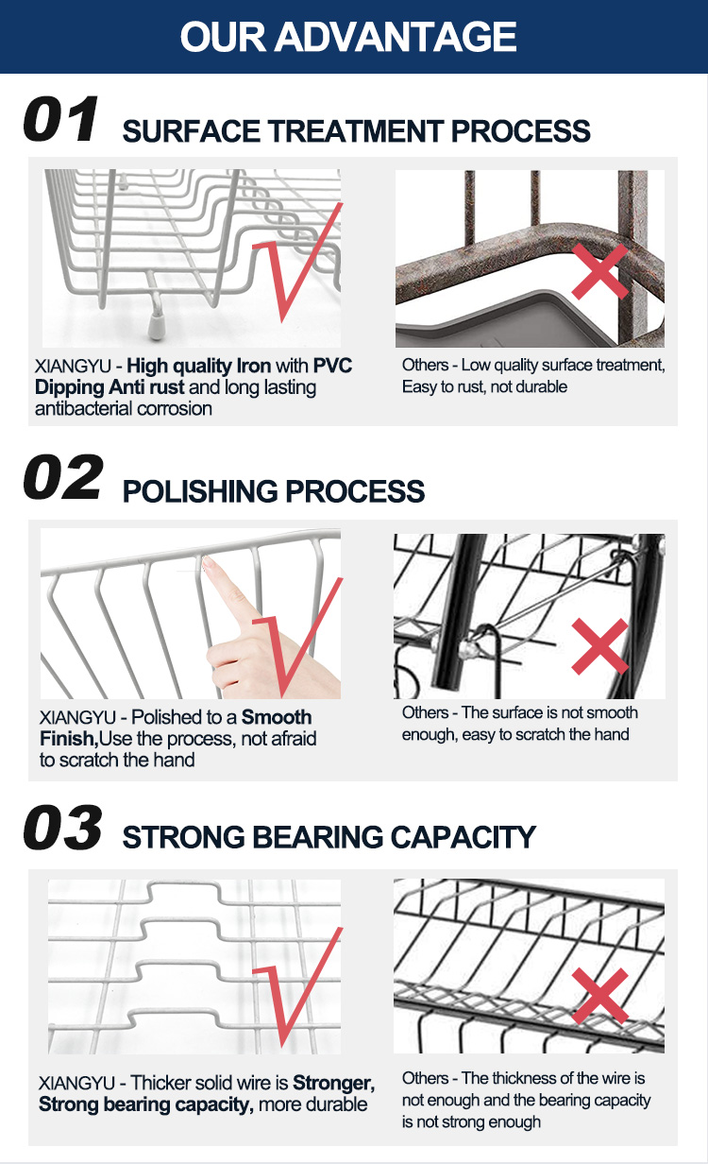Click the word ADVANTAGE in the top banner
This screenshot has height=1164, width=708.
pos(396,37)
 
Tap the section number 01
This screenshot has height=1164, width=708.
pos(60,119)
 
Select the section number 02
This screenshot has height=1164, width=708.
pos(63,477)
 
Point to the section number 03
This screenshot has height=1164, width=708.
pos(63,828)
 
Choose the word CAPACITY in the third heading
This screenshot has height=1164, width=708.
pos(463,837)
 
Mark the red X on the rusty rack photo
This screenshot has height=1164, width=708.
pos(599,272)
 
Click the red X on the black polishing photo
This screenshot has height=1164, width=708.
pos(599,646)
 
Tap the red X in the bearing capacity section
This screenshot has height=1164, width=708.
pos(599,996)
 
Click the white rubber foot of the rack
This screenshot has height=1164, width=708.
pos(157,326)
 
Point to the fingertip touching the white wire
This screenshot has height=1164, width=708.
pos(207,562)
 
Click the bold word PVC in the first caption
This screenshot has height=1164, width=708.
pos(332,366)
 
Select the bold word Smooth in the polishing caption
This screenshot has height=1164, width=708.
pos(277,717)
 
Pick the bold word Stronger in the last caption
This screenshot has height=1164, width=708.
pos(333,1083)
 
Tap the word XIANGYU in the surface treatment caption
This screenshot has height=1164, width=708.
pos(73,367)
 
